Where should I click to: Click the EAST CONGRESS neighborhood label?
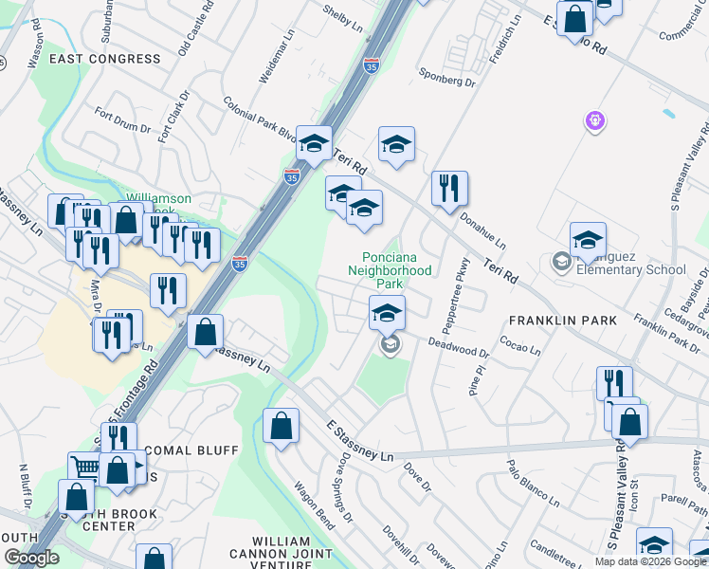click(x=105, y=59)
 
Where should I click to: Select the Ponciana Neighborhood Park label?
click(x=396, y=270)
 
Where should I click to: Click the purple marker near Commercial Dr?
click(x=595, y=120)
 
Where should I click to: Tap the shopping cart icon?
click(x=85, y=466)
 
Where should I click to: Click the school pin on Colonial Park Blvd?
click(x=314, y=143)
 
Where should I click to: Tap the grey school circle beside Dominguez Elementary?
click(x=561, y=261)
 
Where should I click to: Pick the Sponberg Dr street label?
click(x=445, y=77)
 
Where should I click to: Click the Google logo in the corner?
click(x=31, y=559)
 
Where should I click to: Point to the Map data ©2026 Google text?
click(x=650, y=561)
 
